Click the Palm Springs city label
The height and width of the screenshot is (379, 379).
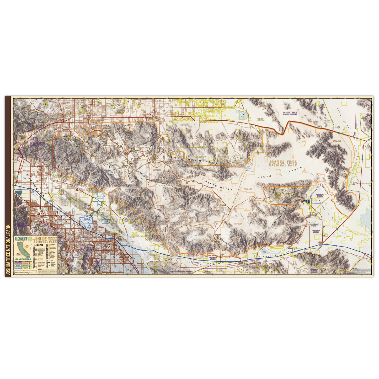39,215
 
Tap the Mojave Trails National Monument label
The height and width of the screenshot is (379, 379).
290,113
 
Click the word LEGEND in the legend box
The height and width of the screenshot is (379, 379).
39,245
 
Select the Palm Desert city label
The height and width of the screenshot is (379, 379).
72,242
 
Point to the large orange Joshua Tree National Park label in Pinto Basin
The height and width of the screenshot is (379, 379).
283,164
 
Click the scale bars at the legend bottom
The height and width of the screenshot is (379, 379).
26,273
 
